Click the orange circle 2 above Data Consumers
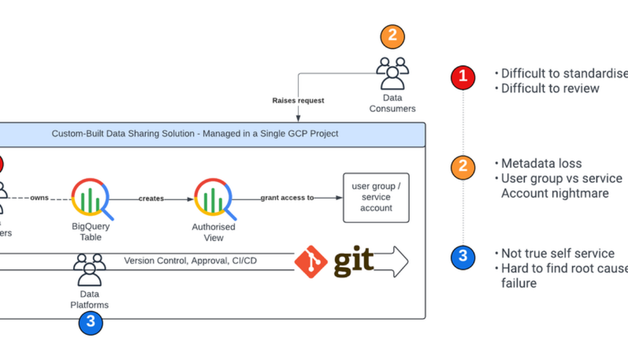[x=392, y=36]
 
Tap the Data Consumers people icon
[x=392, y=74]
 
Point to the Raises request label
[x=298, y=100]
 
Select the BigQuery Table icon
[x=90, y=198]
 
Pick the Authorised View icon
[x=213, y=198]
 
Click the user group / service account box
[x=376, y=198]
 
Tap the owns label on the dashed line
[x=39, y=198]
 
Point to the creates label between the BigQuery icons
[x=151, y=199]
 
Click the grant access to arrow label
[x=287, y=198]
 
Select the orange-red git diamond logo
[x=311, y=262]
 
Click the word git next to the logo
[x=353, y=261]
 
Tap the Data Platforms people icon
[x=90, y=270]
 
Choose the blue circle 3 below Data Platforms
[x=90, y=322]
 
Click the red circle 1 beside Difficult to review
[x=463, y=77]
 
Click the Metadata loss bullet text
[x=541, y=163]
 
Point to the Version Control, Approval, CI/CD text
[x=191, y=261]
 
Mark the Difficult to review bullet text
[x=549, y=89]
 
